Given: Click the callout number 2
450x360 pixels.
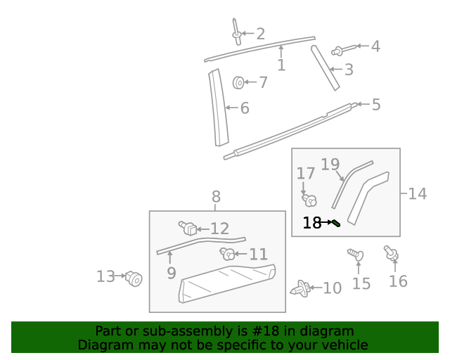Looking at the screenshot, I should [260, 33].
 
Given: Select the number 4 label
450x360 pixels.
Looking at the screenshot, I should [375, 46].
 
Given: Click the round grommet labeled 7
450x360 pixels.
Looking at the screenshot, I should [238, 83].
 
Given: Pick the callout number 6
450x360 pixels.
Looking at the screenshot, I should [245, 108].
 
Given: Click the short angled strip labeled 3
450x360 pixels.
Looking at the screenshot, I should [326, 67].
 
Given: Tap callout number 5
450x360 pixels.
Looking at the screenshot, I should [376, 105].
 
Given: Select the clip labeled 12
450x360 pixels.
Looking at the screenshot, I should [188, 227].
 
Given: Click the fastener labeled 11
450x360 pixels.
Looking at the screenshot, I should [228, 254].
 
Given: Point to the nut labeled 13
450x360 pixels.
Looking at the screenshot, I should [134, 279].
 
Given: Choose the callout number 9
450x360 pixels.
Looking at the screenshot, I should [172, 273].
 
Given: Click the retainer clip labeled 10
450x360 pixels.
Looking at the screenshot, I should [303, 288].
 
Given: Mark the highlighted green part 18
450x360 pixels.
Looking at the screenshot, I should [337, 224].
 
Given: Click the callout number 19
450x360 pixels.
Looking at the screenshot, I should [330, 165].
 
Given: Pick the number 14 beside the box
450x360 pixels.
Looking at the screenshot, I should [417, 193].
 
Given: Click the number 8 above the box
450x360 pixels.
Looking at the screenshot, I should [216, 197].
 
